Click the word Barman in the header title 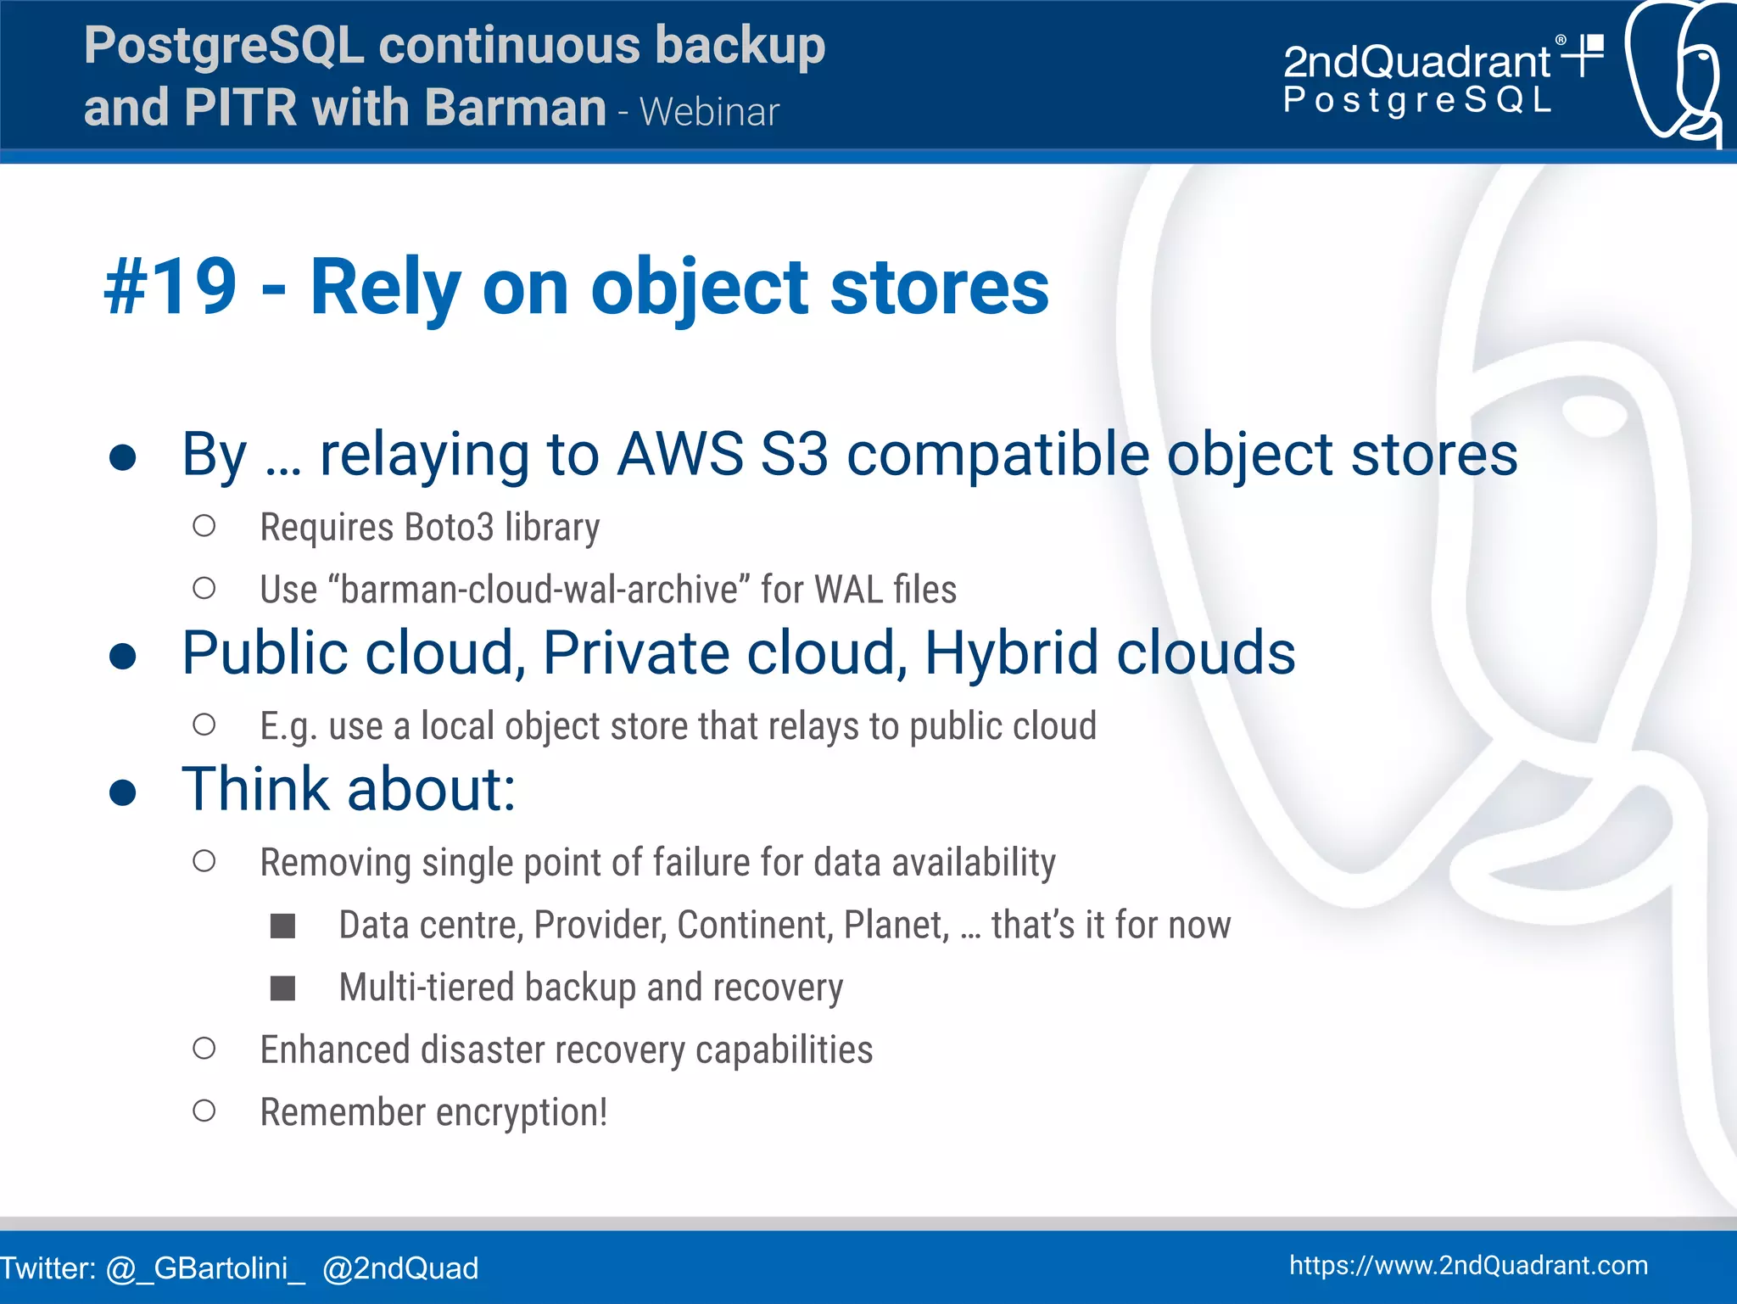point(515,108)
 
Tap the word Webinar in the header point(709,113)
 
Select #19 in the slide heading point(170,288)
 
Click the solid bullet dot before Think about point(123,792)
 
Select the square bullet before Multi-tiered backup point(282,988)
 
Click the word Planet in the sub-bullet point(895,925)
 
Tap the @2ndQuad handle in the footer point(400,1268)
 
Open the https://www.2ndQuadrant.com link point(1468,1265)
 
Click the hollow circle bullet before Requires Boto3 point(204,526)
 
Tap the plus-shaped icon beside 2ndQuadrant point(1583,56)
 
